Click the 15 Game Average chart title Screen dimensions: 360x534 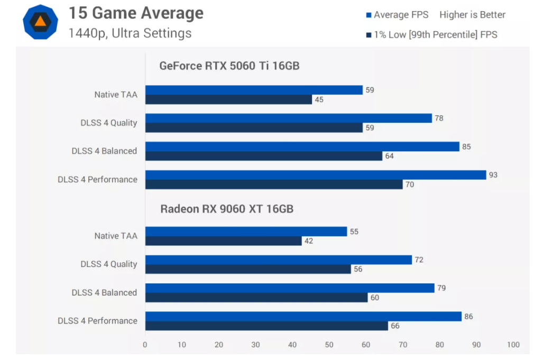pos(136,13)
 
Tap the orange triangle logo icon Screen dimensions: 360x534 pos(41,22)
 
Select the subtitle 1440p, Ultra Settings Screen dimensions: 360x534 pos(130,33)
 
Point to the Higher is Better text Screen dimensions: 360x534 pos(472,15)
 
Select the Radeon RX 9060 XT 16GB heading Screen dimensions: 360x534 pos(227,209)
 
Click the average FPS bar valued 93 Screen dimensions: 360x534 pos(315,175)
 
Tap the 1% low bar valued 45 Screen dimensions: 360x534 pos(228,99)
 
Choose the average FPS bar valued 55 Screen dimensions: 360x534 pos(246,232)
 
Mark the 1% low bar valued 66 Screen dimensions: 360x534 pos(266,326)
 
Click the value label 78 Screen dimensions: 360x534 pos(439,118)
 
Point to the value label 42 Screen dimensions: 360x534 pos(309,241)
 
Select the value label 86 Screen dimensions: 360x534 pos(468,317)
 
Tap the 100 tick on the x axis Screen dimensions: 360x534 pos(513,345)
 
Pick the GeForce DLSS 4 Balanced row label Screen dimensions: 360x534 pos(104,151)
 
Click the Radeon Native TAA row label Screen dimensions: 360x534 pos(116,236)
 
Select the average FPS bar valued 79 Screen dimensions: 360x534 pos(290,288)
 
